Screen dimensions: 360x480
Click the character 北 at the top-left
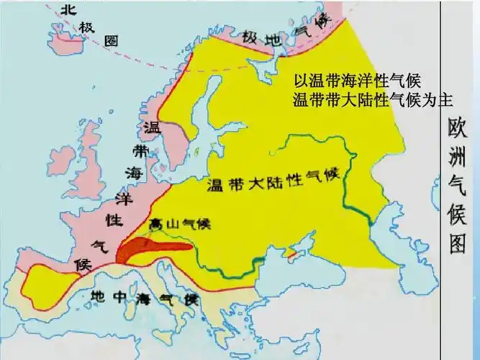point(67,9)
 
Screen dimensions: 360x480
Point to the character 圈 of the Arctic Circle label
point(110,41)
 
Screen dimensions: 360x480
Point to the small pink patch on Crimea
point(291,253)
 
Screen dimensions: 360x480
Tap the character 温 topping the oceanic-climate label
point(151,128)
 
